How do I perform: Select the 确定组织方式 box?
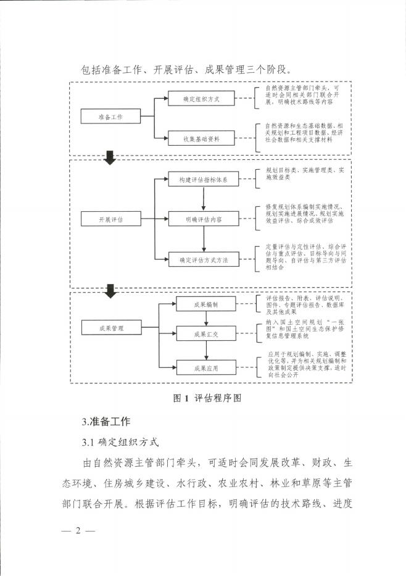tap(201, 99)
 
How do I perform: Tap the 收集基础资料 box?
tap(201, 138)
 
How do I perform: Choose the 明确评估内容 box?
tap(202, 219)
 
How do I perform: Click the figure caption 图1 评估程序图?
tap(205, 398)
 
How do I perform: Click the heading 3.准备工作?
tap(106, 422)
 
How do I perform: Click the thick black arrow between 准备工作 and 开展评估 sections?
tap(110, 158)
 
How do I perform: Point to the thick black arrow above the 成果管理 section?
tap(110, 290)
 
